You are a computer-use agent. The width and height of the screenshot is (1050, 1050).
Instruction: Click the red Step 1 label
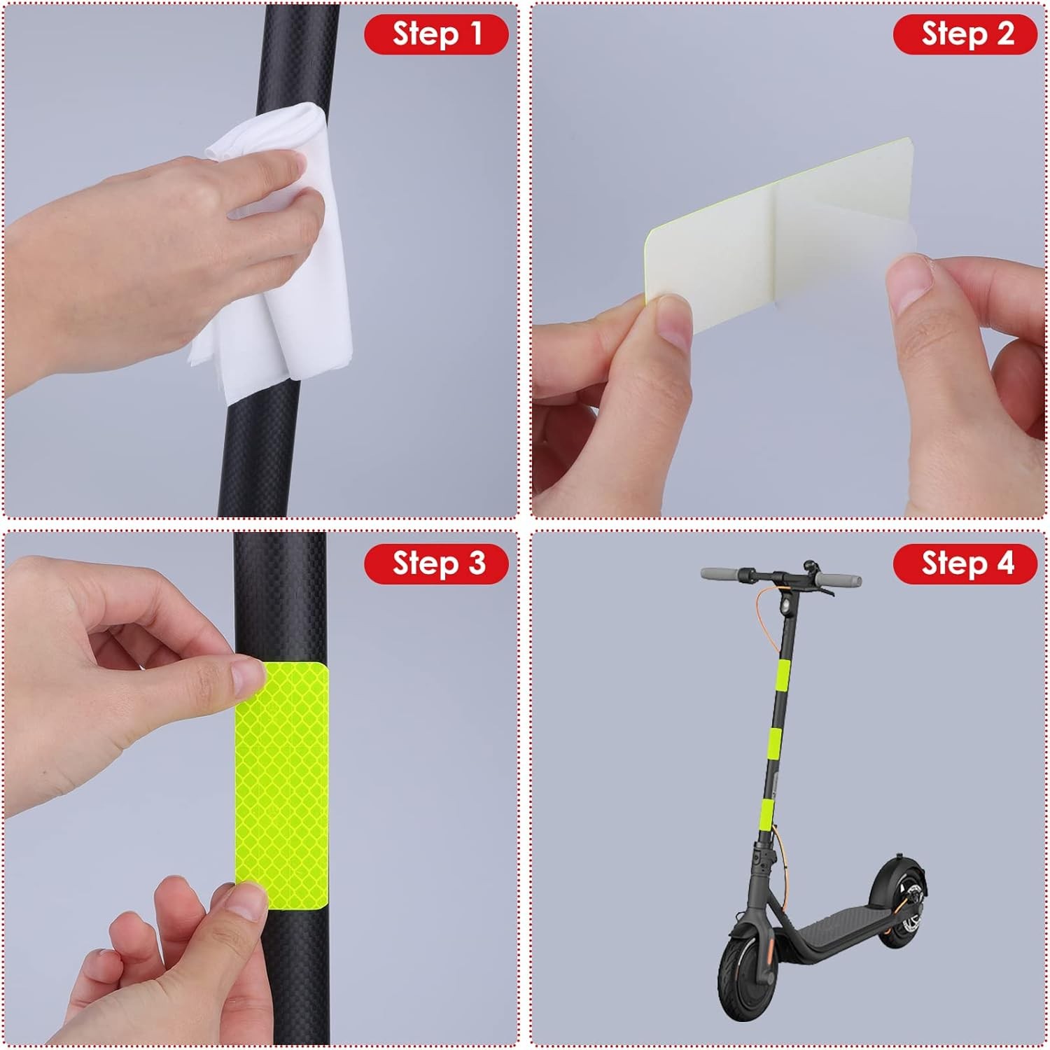(436, 34)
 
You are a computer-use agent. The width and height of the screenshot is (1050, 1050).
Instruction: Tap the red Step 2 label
(965, 34)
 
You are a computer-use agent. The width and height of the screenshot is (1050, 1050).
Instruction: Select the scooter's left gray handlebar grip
(720, 573)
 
